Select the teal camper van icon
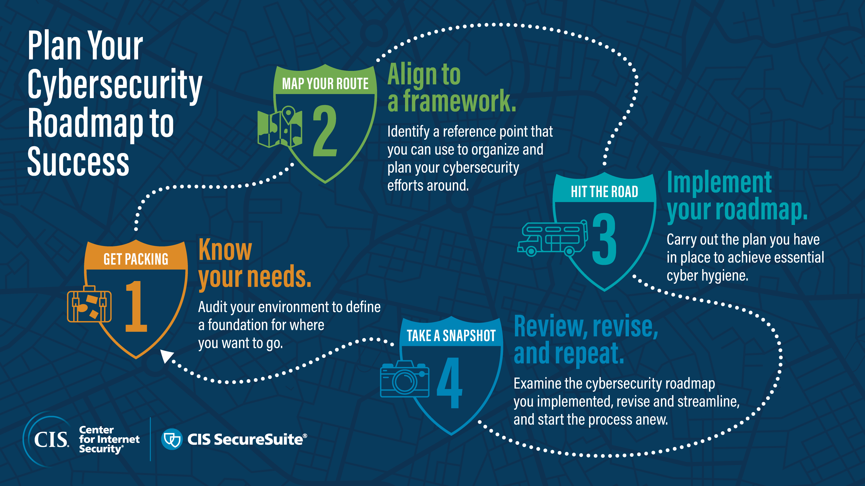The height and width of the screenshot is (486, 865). point(552,238)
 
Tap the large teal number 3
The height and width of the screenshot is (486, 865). point(604,239)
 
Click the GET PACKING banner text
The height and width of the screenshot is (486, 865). point(136,259)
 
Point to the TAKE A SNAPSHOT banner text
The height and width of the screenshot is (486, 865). point(451,336)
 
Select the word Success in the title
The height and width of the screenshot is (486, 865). point(78,162)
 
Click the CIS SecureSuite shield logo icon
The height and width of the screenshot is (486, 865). point(172,439)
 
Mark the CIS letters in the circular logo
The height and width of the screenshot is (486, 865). point(51,439)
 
